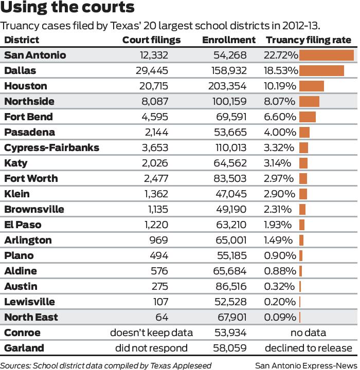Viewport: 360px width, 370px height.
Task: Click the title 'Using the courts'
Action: coord(68,9)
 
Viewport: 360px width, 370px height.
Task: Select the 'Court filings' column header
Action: coord(151,40)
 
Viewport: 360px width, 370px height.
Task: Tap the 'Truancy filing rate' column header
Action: coord(308,40)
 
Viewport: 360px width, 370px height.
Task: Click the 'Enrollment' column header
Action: coord(228,40)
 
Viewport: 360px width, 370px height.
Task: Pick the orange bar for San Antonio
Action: coord(326,55)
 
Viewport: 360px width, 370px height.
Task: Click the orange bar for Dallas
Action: coord(321,71)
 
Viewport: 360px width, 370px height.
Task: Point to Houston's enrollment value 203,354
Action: coord(227,86)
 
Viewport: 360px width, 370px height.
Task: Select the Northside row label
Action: coord(29,102)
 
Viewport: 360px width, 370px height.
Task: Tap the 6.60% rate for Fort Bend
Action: coord(280,117)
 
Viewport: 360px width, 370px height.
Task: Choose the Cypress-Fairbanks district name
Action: coord(51,148)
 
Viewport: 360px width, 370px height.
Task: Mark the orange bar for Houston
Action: coord(311,86)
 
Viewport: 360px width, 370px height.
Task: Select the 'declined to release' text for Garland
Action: coord(308,348)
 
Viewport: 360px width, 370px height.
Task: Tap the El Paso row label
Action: coord(23,225)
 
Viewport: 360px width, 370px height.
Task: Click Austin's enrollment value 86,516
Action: coord(231,286)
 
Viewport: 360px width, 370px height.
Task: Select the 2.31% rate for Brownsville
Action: coord(278,209)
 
